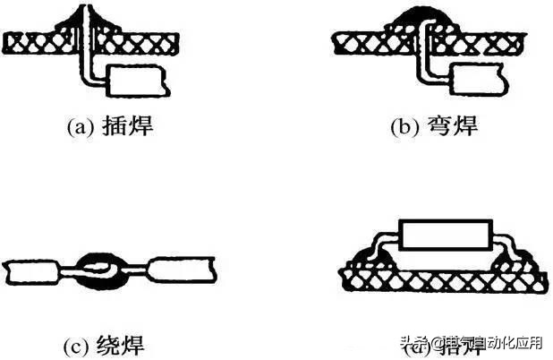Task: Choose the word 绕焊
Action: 125,343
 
